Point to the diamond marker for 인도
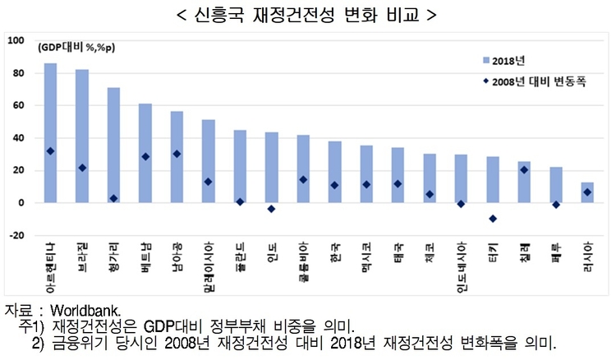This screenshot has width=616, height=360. pos(272,209)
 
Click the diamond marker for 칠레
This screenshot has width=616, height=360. pos(525,170)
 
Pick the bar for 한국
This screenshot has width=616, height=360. pos(335,172)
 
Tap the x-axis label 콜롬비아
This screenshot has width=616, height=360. pos(303,261)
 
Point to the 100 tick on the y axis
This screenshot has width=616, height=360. pos(16,41)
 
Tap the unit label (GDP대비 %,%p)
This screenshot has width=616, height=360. pos(75,48)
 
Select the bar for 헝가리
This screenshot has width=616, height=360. pos(113,145)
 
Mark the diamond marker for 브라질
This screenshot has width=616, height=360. pos(82,168)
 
